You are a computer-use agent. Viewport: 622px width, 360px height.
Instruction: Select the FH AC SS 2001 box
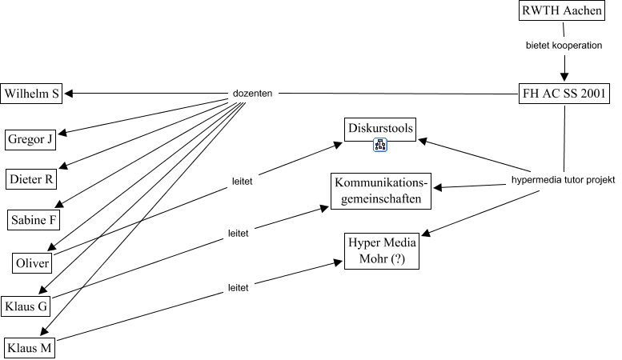pos(565,94)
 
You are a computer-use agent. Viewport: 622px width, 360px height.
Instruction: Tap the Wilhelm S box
pos(32,94)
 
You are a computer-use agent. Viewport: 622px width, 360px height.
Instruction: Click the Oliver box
pos(33,263)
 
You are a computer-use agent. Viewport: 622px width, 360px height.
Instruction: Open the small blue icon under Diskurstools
pos(381,146)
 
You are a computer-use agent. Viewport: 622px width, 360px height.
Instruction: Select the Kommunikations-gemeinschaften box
pos(382,190)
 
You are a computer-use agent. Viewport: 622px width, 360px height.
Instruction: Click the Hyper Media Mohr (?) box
pos(381,251)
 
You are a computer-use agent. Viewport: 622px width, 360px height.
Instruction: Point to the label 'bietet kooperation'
pos(564,46)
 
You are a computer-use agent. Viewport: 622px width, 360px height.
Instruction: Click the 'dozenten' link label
pos(253,94)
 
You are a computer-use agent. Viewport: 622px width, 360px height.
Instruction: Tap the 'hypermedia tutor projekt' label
pos(564,181)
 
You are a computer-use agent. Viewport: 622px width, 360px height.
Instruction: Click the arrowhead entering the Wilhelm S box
pos(69,94)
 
